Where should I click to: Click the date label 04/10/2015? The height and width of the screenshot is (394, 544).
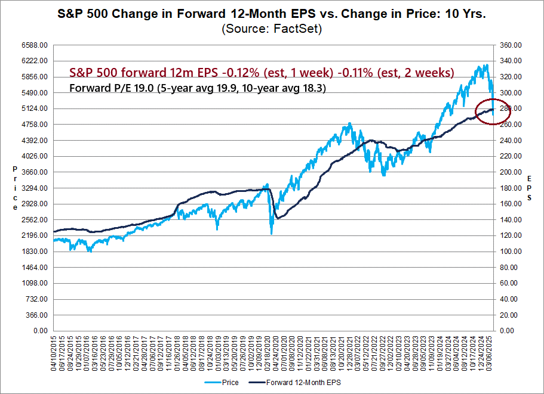[57, 352]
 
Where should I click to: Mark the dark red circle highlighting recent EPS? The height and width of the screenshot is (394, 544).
[494, 111]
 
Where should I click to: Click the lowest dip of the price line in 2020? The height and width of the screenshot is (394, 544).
[271, 234]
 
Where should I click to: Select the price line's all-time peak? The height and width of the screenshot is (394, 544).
[487, 64]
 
